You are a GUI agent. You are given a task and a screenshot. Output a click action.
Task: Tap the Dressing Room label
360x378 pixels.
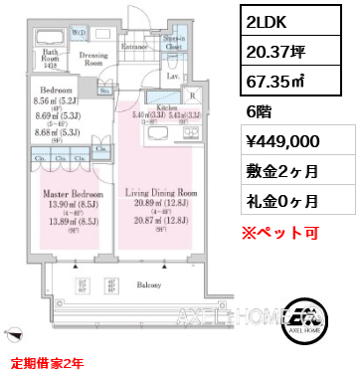click(x=94, y=59)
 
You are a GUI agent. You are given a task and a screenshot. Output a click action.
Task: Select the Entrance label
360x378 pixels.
click(x=134, y=46)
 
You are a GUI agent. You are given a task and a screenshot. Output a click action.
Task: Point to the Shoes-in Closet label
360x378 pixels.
click(x=173, y=41)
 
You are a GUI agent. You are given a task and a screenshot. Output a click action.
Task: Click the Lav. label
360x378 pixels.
click(x=172, y=76)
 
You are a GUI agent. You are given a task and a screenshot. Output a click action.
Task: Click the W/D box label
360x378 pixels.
click(x=80, y=18)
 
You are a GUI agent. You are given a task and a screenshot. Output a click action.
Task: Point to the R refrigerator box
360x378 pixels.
click(x=193, y=97)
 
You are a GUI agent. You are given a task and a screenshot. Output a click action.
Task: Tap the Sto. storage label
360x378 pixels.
click(x=105, y=90)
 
